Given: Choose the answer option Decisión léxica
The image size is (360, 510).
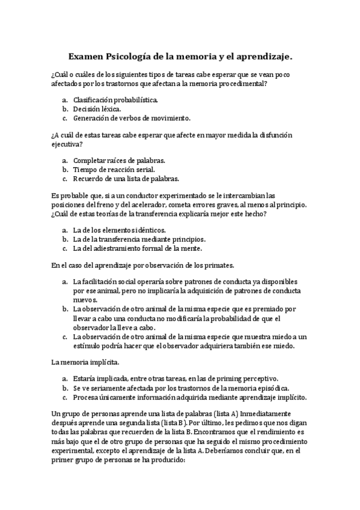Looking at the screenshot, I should [97, 109].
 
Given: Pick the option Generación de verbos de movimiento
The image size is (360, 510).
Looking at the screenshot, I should [132, 118].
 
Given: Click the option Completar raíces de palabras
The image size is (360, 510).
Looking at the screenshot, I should [119, 161].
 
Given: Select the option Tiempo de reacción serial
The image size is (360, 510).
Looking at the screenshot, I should [114, 170].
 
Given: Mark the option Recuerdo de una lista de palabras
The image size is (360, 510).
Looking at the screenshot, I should [126, 179].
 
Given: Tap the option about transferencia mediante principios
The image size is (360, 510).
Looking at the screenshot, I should [139, 239].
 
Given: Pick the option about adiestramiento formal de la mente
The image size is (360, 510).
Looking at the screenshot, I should [138, 248].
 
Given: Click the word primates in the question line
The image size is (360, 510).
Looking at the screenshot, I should [217, 265].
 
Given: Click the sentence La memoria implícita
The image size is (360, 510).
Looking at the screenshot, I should [85, 362].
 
